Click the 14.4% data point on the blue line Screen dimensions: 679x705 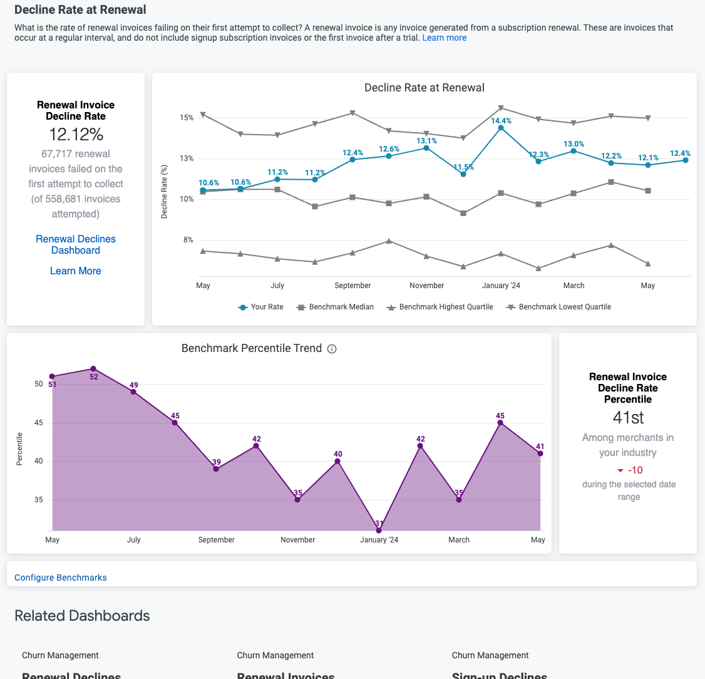click(x=501, y=128)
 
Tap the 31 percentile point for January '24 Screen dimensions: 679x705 click(x=379, y=531)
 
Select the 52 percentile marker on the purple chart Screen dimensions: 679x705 click(x=93, y=369)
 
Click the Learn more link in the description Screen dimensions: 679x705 click(x=444, y=38)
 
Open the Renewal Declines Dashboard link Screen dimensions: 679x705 click(x=76, y=244)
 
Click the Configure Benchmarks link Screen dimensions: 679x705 click(x=61, y=578)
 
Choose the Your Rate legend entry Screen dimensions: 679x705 click(x=261, y=307)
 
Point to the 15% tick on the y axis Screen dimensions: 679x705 click(x=187, y=118)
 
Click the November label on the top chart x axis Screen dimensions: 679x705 click(x=427, y=286)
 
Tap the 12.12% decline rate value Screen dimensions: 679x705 click(x=76, y=135)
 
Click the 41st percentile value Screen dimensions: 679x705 click(x=628, y=417)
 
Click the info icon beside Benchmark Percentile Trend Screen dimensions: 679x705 click(x=332, y=349)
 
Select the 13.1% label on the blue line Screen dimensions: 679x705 click(x=427, y=141)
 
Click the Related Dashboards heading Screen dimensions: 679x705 click(x=82, y=616)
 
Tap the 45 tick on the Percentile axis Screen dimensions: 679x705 click(x=38, y=423)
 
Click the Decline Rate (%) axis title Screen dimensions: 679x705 click(x=164, y=192)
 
